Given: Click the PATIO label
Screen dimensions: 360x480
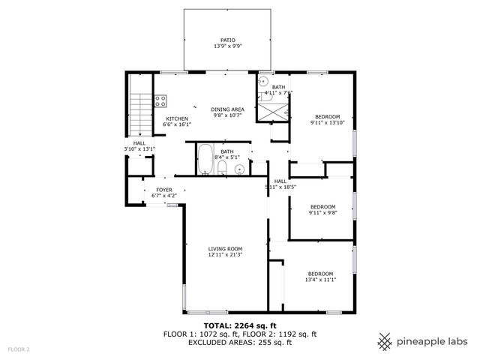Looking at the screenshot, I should pyautogui.click(x=227, y=40).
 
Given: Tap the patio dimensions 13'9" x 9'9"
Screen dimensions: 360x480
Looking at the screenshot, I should pyautogui.click(x=227, y=46).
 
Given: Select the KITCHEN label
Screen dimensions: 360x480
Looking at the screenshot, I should pyautogui.click(x=176, y=118).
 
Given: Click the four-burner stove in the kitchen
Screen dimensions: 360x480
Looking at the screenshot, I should pyautogui.click(x=160, y=99).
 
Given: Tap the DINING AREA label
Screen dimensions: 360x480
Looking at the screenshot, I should pyautogui.click(x=227, y=109).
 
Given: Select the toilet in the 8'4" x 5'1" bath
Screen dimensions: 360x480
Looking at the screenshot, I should pyautogui.click(x=222, y=169).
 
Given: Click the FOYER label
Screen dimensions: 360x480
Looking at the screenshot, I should pyautogui.click(x=164, y=190).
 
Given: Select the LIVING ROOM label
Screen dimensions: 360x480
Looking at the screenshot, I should pyautogui.click(x=225, y=249).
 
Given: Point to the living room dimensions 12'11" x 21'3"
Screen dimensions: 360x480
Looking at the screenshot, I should pyautogui.click(x=225, y=255).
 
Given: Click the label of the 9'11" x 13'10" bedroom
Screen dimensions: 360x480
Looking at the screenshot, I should pyautogui.click(x=327, y=116).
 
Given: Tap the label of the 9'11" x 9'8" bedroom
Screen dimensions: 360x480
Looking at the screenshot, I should pyautogui.click(x=323, y=206).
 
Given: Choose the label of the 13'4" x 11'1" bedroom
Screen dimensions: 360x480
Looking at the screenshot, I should pyautogui.click(x=321, y=274).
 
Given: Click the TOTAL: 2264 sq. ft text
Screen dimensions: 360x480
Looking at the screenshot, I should pyautogui.click(x=239, y=325).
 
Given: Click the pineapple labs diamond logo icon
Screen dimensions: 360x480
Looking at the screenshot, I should pyautogui.click(x=385, y=341).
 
